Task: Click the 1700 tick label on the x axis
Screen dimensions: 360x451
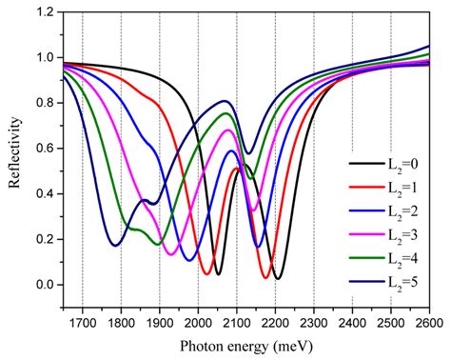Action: pyautogui.click(x=83, y=321)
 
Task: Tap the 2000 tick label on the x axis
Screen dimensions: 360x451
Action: pyautogui.click(x=198, y=321)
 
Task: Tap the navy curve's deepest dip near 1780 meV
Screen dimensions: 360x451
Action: pyautogui.click(x=114, y=246)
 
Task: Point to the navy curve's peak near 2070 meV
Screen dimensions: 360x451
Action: pyautogui.click(x=225, y=100)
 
